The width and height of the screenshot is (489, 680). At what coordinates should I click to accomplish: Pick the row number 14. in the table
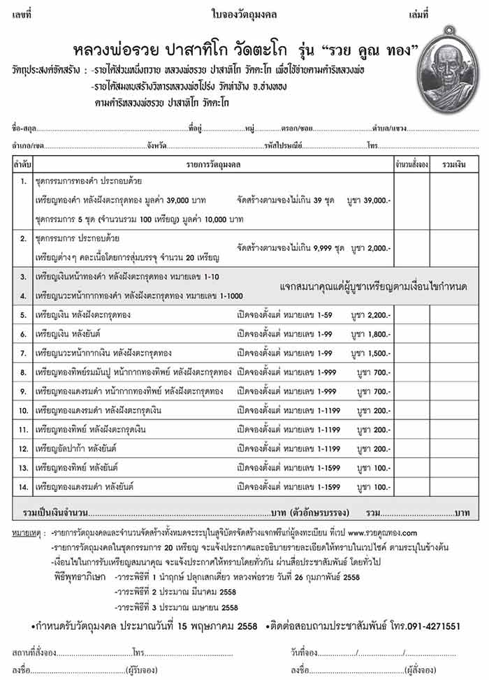(x=24, y=486)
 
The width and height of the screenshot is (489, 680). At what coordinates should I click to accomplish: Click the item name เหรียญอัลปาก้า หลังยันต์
(x=76, y=449)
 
